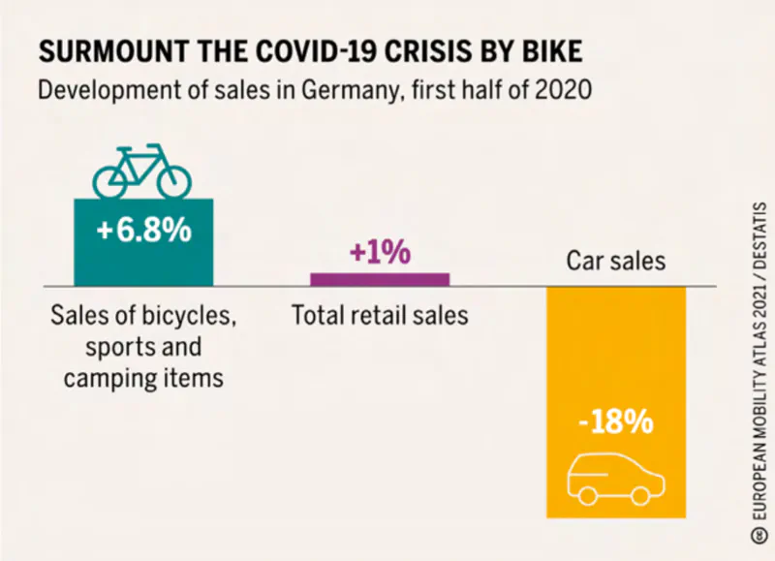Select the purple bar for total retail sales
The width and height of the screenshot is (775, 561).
pyautogui.click(x=380, y=279)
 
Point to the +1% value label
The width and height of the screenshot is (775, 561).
pyautogui.click(x=380, y=253)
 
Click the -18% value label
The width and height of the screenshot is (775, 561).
pyautogui.click(x=616, y=423)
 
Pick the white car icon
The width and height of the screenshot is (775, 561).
pyautogui.click(x=616, y=474)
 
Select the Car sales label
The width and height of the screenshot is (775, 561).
pyautogui.click(x=616, y=261)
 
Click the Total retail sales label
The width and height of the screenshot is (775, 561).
pyautogui.click(x=380, y=316)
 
